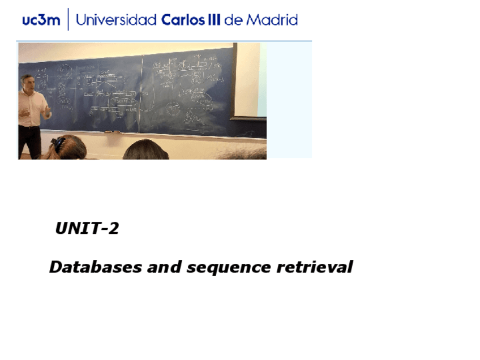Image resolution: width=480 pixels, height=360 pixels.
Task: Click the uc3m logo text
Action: (41, 20)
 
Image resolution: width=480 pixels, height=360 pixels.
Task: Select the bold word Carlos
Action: (183, 20)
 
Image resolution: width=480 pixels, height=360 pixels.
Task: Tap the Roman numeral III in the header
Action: (213, 20)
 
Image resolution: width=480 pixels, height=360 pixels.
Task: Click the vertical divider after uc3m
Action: (68, 20)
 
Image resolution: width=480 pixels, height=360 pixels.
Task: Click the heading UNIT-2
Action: (87, 229)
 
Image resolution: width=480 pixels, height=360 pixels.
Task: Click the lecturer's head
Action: (27, 82)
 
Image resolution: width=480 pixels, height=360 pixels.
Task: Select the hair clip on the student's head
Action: (58, 142)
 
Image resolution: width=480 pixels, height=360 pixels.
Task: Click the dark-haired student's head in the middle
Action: (145, 149)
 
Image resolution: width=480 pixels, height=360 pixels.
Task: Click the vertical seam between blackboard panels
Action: (142, 91)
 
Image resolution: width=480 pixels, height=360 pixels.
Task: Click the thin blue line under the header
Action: (164, 41)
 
